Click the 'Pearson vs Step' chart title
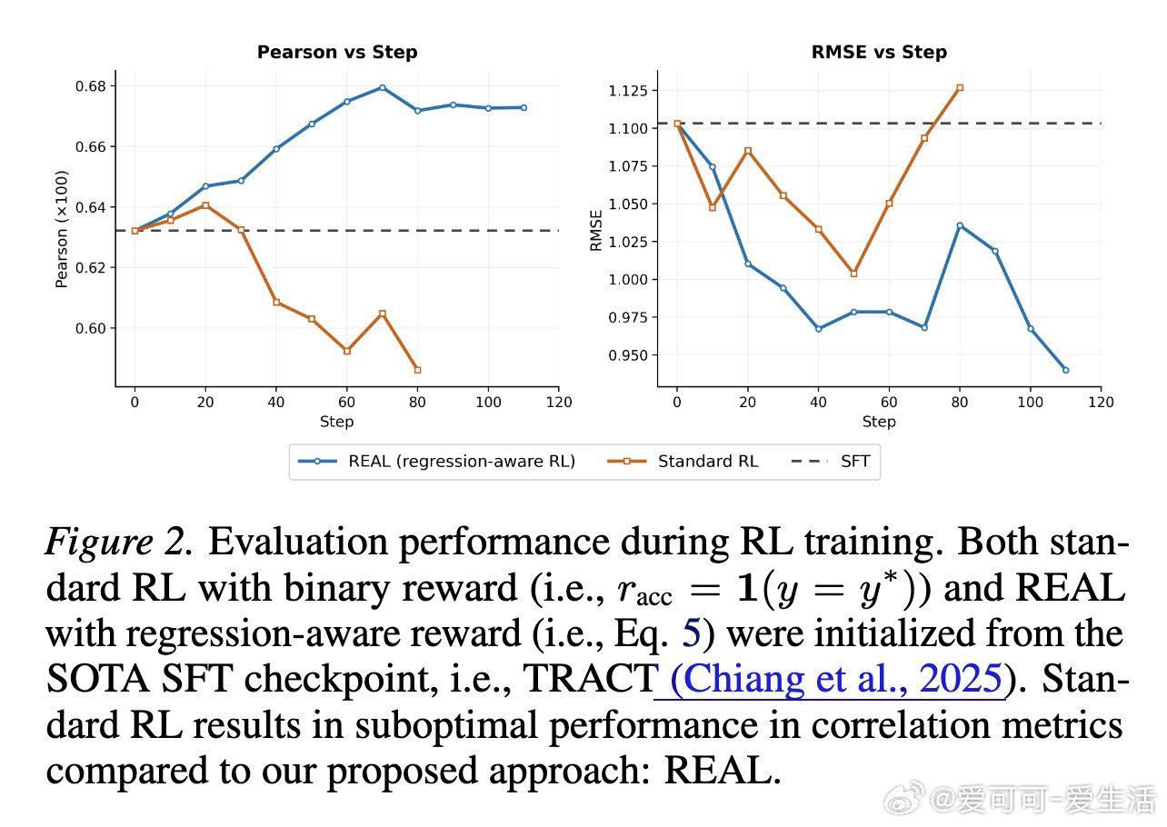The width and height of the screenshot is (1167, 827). point(337,52)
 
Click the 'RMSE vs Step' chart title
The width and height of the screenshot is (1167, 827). point(879,52)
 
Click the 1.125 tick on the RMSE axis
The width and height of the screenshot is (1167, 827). point(628,90)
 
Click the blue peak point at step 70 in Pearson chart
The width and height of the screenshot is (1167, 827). point(382,87)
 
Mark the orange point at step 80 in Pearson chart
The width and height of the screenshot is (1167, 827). point(417,370)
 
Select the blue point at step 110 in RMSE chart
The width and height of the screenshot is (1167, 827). point(1065,370)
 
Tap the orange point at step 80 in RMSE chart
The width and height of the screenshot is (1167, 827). point(960,88)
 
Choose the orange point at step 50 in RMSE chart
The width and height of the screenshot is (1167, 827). point(853,274)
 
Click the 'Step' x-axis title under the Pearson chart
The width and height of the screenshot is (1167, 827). point(336,422)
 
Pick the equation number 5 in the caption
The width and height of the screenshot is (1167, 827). point(691,633)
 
